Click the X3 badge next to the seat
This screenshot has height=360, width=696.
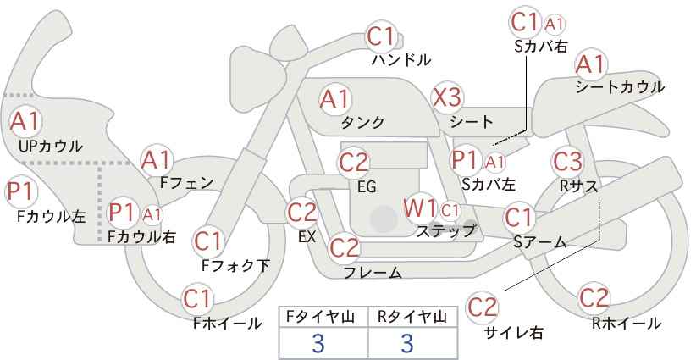[447, 97]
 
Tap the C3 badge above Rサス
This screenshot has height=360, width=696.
[567, 162]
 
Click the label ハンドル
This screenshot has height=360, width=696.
[401, 59]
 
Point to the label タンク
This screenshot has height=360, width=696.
[362, 122]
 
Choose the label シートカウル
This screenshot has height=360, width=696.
[620, 87]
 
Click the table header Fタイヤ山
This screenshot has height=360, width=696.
[320, 317]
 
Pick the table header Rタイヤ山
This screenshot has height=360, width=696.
[412, 317]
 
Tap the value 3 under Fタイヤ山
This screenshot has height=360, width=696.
[318, 343]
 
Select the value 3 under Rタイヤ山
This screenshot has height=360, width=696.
[407, 343]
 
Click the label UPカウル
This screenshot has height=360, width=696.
[51, 146]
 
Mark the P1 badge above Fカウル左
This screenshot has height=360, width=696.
[21, 192]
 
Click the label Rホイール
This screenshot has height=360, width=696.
[627, 324]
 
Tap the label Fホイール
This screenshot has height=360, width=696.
[227, 324]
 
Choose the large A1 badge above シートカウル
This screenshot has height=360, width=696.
[590, 65]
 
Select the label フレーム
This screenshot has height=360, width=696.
[373, 272]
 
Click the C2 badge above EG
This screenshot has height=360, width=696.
[353, 163]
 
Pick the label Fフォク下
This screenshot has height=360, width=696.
[235, 265]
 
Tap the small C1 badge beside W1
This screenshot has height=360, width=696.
[450, 210]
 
